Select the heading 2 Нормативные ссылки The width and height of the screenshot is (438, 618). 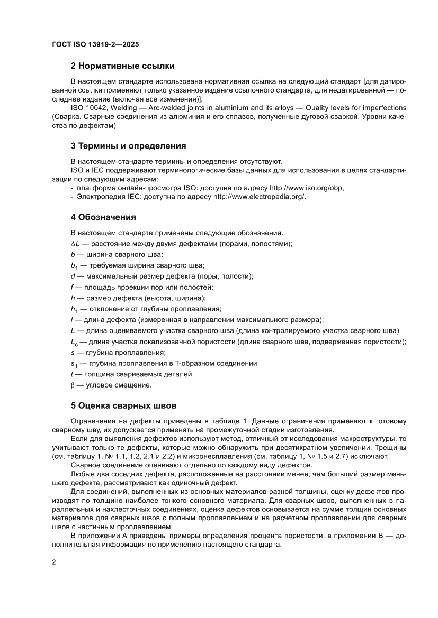pyautogui.click(x=123, y=66)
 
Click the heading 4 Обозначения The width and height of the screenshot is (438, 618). pyautogui.click(x=103, y=217)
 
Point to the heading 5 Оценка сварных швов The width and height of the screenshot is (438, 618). pyautogui.click(x=123, y=406)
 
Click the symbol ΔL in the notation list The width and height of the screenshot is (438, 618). pyautogui.click(x=75, y=243)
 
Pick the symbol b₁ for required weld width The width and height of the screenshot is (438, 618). pyautogui.click(x=74, y=265)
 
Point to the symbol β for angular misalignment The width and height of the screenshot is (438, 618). pyautogui.click(x=73, y=385)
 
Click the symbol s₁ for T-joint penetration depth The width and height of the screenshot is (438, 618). pyautogui.click(x=74, y=364)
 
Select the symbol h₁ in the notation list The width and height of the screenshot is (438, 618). pyautogui.click(x=74, y=309)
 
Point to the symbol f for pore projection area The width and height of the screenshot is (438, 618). pyautogui.click(x=72, y=287)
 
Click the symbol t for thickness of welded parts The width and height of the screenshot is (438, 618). pyautogui.click(x=72, y=374)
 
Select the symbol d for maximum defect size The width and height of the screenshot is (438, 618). pyautogui.click(x=73, y=276)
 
